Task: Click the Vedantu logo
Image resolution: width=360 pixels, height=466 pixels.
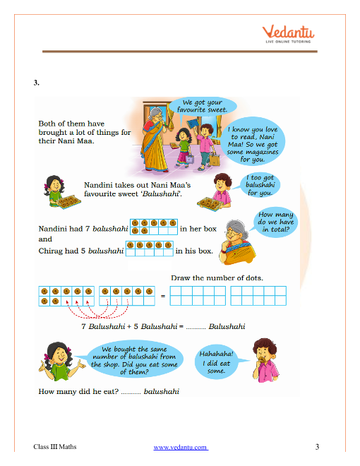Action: click(x=288, y=34)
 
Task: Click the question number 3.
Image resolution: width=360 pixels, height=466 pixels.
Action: click(x=36, y=83)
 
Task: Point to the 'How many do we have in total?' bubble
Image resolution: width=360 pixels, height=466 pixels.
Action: click(x=275, y=222)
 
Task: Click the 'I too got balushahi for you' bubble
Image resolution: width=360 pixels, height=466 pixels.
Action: click(x=260, y=185)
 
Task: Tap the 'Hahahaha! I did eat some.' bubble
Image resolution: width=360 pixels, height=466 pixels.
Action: click(x=217, y=362)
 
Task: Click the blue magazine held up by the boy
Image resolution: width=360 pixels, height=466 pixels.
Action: click(x=193, y=124)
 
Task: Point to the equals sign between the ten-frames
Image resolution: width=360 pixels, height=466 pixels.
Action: click(x=163, y=296)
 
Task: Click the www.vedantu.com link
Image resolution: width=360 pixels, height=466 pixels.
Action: click(x=181, y=447)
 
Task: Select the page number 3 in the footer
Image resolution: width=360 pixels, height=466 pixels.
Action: click(x=317, y=447)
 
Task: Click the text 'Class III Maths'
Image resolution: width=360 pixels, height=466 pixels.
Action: click(x=55, y=447)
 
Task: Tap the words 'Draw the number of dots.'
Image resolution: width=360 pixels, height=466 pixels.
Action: click(x=217, y=278)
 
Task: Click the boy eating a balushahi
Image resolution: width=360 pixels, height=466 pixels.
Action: click(x=265, y=360)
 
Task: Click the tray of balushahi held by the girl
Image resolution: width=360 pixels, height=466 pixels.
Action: click(x=69, y=202)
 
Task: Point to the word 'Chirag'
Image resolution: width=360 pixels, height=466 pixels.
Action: click(x=51, y=251)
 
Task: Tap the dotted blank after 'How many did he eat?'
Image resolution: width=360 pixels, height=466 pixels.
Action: click(x=131, y=393)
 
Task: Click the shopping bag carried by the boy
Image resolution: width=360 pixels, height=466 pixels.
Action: click(x=215, y=160)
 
